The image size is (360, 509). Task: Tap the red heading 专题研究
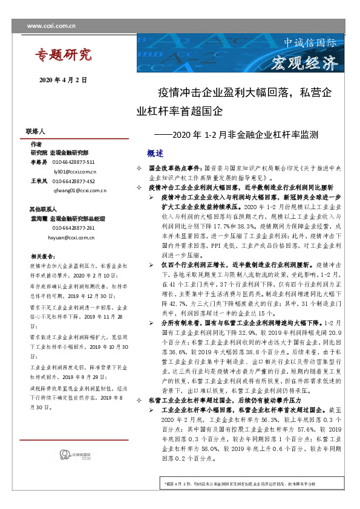(x=62, y=56)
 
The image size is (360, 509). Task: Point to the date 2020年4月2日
(x=63, y=80)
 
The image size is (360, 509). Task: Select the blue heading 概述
(x=155, y=152)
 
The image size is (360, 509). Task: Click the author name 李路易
(x=38, y=163)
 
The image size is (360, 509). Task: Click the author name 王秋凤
(x=38, y=181)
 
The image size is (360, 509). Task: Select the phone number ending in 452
(x=73, y=181)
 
